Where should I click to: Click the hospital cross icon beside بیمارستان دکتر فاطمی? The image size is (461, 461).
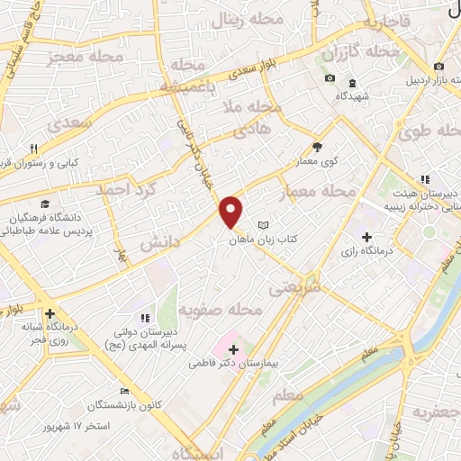[233, 348]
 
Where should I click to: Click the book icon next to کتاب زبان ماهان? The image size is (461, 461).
[263, 225]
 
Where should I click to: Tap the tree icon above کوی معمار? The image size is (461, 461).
[317, 147]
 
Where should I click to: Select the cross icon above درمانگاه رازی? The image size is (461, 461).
[366, 236]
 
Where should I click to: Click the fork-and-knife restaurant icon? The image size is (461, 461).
[33, 149]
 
